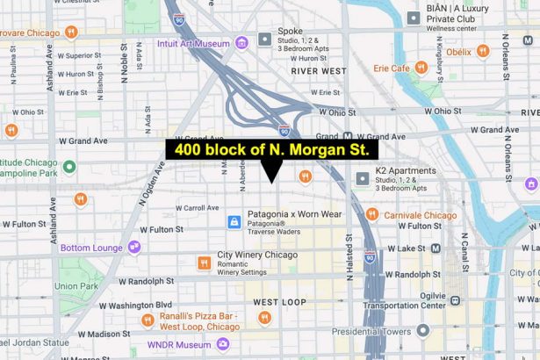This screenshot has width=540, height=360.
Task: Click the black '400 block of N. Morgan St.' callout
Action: pyautogui.click(x=271, y=150)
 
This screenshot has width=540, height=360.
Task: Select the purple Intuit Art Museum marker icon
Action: pyautogui.click(x=242, y=42)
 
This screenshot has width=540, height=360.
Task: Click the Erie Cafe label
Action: pyautogui.click(x=392, y=68)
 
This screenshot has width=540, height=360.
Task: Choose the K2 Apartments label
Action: pyautogui.click(x=406, y=170)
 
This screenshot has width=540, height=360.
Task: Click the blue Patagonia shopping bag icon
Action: pyautogui.click(x=234, y=223)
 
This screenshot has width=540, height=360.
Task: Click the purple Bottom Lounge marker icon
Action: pyautogui.click(x=133, y=248)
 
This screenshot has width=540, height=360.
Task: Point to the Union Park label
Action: pyautogui.click(x=76, y=286)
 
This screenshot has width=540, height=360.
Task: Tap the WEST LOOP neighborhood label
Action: pyautogui.click(x=280, y=302)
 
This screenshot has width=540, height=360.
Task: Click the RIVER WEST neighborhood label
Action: pyautogui.click(x=318, y=70)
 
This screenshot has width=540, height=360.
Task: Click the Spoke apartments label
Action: pyautogui.click(x=290, y=31)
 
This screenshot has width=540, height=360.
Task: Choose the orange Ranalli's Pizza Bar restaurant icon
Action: pyautogui.click(x=264, y=318)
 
